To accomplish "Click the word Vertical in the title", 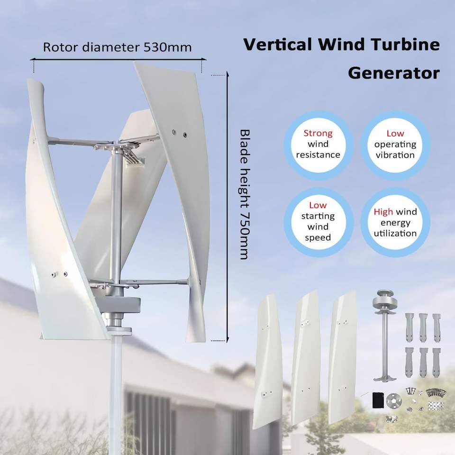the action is pos(276,45).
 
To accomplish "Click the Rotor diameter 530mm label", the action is pos(117,47).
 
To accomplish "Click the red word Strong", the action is pos(318,133).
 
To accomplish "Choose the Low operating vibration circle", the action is pos(395,144).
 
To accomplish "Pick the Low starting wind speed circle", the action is pos(318,221).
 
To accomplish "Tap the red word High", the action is pos(383,212).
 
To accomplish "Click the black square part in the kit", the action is pos(378,399).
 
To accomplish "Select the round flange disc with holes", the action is pos(392,399).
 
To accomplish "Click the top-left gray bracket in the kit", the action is pos(409,327).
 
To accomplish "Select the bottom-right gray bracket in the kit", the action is pos(437,361).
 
